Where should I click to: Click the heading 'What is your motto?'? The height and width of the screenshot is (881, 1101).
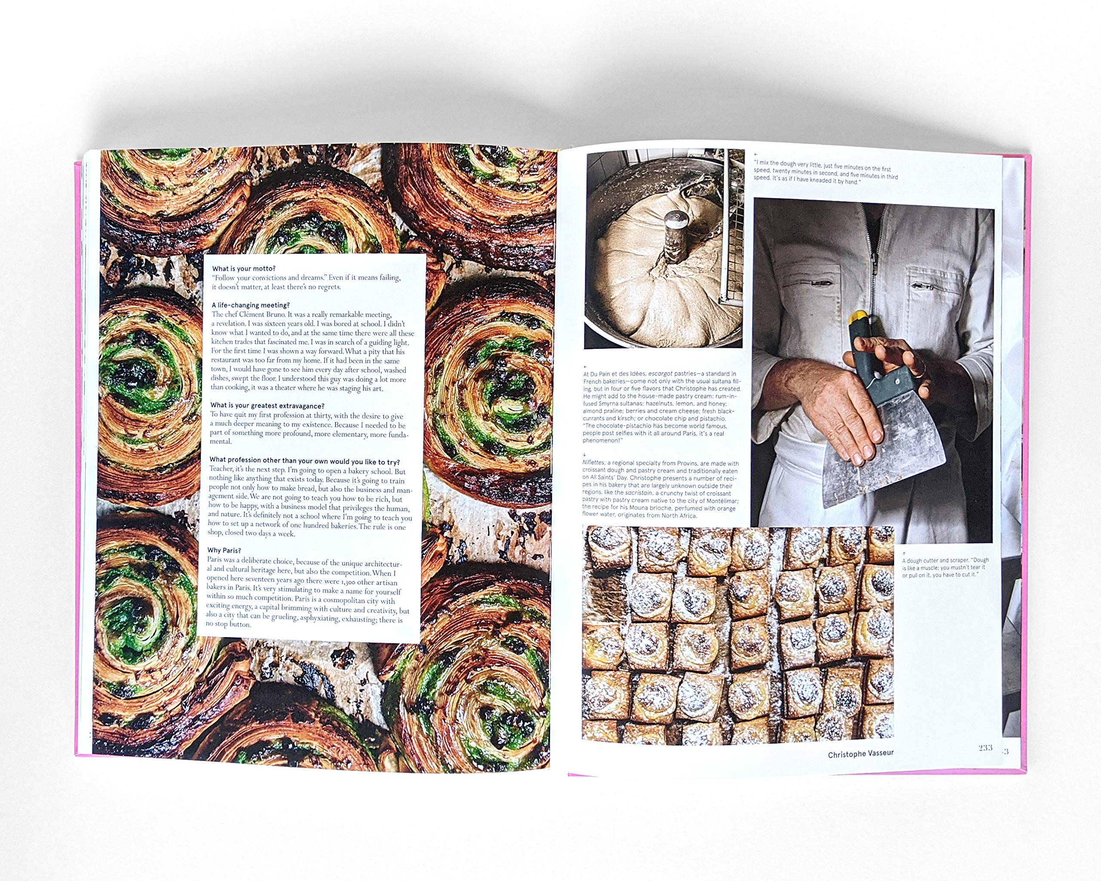tap(243, 268)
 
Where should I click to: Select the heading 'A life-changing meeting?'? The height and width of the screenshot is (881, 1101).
tap(250, 305)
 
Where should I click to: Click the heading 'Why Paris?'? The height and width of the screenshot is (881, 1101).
tap(224, 551)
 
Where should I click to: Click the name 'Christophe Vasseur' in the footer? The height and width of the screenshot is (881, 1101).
tap(861, 754)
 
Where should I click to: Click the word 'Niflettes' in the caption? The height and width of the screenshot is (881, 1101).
tap(594, 463)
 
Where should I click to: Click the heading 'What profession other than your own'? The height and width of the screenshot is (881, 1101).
tap(304, 461)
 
